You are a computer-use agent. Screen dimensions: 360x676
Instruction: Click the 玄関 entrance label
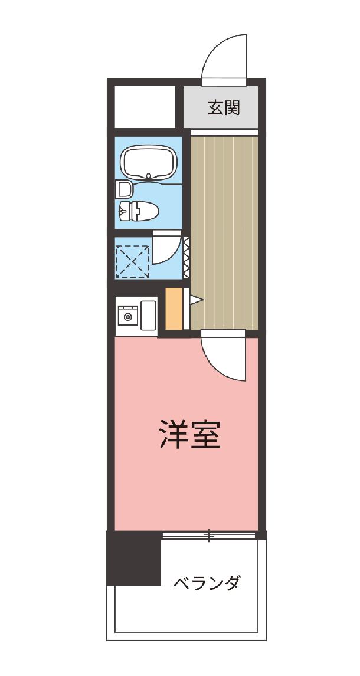[223, 107]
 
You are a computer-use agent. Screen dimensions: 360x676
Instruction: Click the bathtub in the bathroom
[148, 162]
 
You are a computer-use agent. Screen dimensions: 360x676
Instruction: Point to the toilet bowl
[138, 211]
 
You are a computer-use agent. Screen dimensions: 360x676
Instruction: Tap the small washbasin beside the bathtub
[124, 189]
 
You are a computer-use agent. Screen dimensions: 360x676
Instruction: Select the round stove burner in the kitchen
[127, 317]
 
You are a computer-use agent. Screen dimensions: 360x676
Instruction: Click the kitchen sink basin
[148, 315]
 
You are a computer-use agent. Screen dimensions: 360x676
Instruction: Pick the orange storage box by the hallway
[174, 309]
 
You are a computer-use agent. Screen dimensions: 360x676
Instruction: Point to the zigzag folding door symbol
[186, 257]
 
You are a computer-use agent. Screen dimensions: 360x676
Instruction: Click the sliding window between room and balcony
[209, 535]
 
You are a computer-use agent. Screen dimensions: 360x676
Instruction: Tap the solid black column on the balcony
[133, 558]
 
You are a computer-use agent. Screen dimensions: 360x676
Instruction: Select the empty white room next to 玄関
[145, 107]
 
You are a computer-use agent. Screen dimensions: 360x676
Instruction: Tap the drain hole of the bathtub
[149, 175]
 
